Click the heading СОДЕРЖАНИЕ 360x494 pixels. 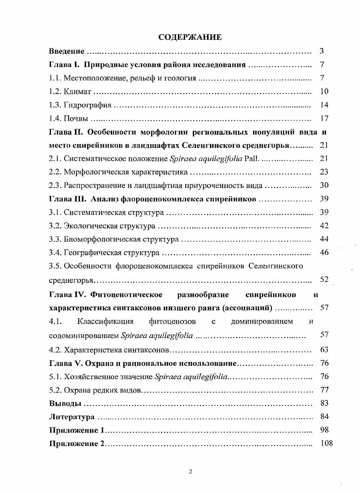pos(190,37)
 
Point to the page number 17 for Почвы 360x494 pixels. pos(324,119)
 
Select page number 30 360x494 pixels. pos(324,185)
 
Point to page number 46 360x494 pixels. pos(324,252)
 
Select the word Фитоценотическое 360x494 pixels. pos(127,295)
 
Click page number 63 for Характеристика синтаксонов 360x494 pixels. pos(324,349)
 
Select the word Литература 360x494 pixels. pos(71,416)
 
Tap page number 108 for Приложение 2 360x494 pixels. pos(326,443)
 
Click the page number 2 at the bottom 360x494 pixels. pos(190,472)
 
